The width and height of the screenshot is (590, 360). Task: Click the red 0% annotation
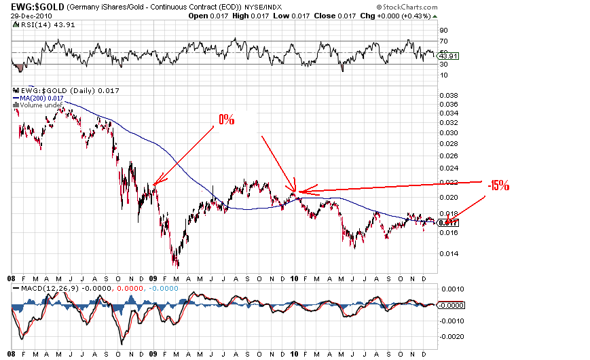[x=226, y=120]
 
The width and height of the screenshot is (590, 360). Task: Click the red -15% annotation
[x=498, y=185]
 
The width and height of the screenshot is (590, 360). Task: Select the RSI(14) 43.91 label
[x=40, y=24]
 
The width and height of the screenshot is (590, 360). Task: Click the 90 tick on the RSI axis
[x=443, y=31]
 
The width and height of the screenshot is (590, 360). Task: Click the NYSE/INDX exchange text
[x=272, y=6]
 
